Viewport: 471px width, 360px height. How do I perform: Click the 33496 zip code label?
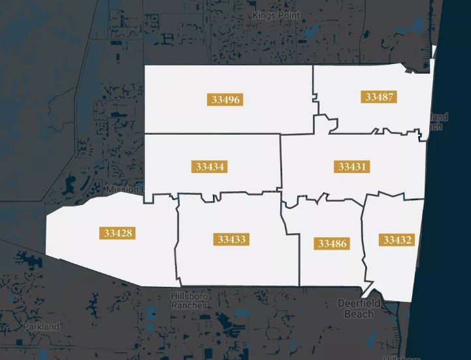point(226,100)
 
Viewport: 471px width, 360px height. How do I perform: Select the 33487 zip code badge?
point(379,97)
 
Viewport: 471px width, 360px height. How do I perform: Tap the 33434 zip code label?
point(209,167)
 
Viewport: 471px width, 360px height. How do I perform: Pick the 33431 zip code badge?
point(353,167)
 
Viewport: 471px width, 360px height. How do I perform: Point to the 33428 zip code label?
point(118,233)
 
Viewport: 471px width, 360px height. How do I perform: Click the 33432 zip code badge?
point(398,240)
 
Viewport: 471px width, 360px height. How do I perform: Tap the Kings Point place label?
point(276,14)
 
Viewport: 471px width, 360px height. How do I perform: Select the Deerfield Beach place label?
point(355,308)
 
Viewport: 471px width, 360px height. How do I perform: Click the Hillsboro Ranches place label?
point(189,301)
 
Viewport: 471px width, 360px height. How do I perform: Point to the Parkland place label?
point(42,326)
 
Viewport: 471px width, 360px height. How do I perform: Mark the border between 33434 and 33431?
point(281,163)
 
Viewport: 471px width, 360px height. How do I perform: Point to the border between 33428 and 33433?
point(176,242)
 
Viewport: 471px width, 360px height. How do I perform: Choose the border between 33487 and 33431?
point(372,131)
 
